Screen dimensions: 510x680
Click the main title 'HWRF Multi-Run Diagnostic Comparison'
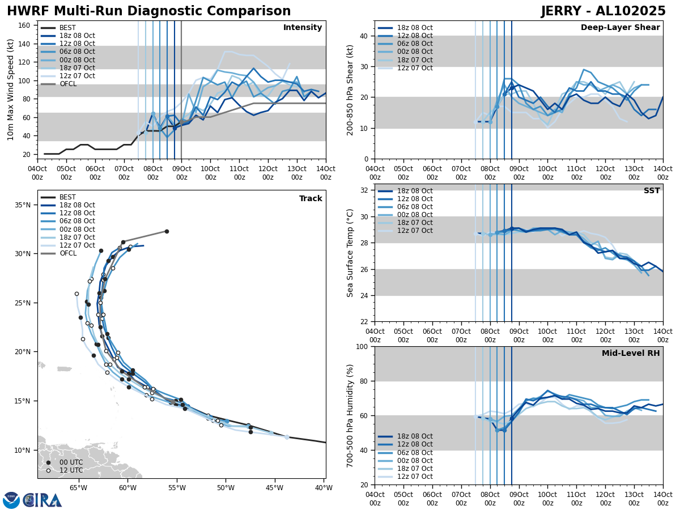pos(148,11)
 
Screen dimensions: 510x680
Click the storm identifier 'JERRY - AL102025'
pos(603,11)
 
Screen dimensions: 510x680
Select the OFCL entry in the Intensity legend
pos(67,84)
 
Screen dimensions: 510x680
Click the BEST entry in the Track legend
pos(67,197)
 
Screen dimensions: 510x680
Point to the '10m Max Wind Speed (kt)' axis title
pos(11,90)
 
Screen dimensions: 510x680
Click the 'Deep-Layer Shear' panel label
pos(620,28)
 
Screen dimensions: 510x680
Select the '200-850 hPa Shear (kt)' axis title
pos(351,90)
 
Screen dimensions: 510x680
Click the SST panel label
pos(652,191)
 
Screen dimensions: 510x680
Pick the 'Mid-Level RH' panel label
pos(631,354)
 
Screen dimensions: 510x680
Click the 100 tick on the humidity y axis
pos(363,346)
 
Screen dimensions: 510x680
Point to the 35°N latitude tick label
pos(23,205)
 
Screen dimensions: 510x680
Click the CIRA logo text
pos(42,500)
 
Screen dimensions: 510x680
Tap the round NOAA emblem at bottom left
pos(11,500)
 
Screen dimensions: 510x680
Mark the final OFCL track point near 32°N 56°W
pos(167,231)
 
